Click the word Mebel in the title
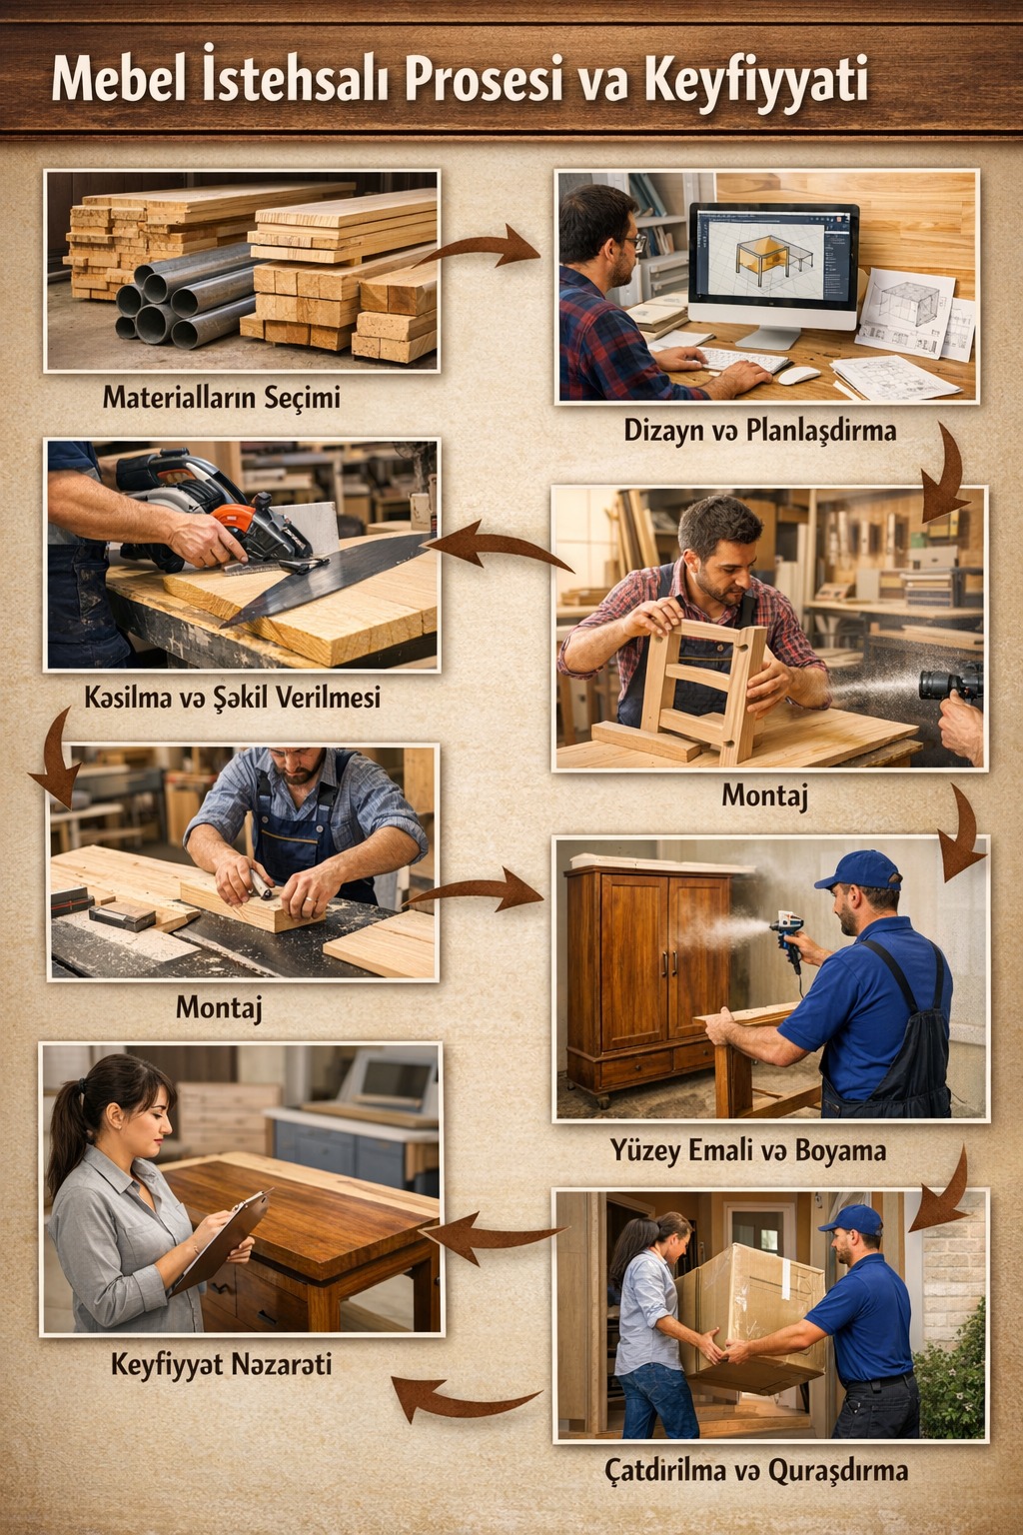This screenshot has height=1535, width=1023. click(x=119, y=81)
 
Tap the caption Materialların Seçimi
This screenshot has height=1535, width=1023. click(x=222, y=398)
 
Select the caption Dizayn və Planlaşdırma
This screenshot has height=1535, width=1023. click(x=760, y=431)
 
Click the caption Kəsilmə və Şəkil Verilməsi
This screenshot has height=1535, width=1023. click(x=233, y=698)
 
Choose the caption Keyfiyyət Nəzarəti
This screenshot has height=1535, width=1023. click(x=222, y=1364)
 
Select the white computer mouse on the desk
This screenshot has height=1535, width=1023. click(x=799, y=375)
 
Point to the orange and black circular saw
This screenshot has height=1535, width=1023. click(x=219, y=514)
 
